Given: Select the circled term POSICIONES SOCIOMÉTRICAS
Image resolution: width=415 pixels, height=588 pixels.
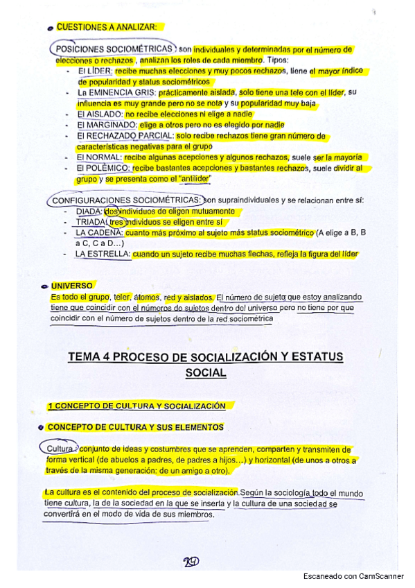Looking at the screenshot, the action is [x=115, y=50].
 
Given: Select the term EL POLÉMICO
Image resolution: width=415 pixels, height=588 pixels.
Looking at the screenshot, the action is [x=103, y=168].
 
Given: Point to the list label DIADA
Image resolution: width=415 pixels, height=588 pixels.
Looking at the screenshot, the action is [x=88, y=211].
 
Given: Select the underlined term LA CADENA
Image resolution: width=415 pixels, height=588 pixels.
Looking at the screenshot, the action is [x=98, y=233].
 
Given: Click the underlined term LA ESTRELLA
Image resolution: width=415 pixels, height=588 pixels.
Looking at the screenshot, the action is [x=103, y=254].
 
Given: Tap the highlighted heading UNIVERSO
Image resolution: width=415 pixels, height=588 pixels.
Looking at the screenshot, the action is [x=71, y=286].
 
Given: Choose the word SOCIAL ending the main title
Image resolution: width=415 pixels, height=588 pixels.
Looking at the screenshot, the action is [x=206, y=372].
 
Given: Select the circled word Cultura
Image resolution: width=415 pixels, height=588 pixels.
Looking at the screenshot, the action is [x=59, y=449].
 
